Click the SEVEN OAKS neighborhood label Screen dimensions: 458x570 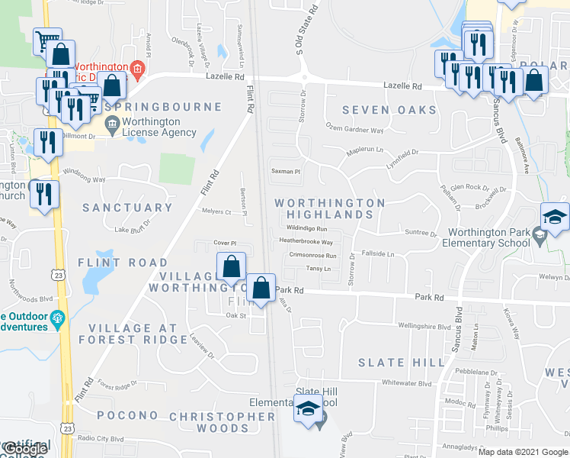point(389,110)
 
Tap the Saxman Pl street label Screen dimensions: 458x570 point(287,172)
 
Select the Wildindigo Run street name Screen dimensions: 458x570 point(306,228)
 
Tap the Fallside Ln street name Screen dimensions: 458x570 point(379,253)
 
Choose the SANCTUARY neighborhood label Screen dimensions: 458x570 point(127,208)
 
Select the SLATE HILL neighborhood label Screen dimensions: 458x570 point(401,362)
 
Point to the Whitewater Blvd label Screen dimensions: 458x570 point(406,384)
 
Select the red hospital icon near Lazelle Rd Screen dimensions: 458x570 point(136,71)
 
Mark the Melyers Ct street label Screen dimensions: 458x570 point(216,211)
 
